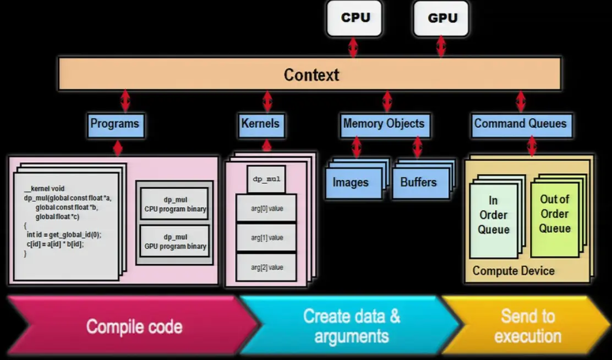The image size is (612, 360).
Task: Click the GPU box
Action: click(x=442, y=18)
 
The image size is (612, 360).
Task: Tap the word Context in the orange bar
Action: click(x=311, y=75)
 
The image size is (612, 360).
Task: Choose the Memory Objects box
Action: click(x=384, y=124)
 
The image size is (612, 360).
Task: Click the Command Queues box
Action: click(x=520, y=124)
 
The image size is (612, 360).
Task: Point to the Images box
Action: click(x=351, y=183)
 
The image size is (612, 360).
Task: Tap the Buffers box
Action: click(x=418, y=183)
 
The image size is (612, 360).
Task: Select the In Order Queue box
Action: click(x=494, y=215)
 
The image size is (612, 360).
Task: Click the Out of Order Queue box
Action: click(x=554, y=214)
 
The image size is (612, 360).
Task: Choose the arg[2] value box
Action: click(x=267, y=268)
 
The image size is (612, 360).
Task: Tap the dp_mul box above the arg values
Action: click(x=267, y=179)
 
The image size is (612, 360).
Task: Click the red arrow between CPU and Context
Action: click(x=353, y=47)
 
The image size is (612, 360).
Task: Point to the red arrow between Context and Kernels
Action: click(x=267, y=102)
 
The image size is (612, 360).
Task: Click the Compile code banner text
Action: click(x=134, y=326)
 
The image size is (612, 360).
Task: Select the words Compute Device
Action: click(x=513, y=271)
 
